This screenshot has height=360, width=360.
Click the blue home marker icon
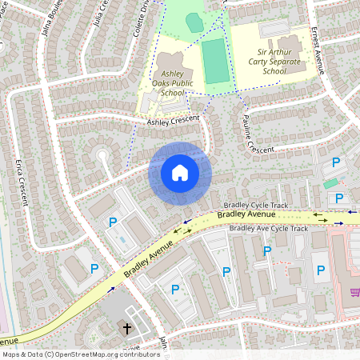(180, 173)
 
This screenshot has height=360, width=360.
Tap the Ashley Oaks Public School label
(172, 82)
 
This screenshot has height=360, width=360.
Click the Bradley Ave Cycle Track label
(268, 229)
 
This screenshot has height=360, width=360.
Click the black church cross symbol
(126, 328)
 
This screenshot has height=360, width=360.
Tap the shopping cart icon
(354, 293)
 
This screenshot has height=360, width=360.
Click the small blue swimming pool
(121, 238)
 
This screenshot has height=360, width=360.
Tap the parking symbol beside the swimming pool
(113, 222)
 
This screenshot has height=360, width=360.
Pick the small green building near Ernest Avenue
(330, 183)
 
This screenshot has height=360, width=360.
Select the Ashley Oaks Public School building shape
(170, 64)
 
